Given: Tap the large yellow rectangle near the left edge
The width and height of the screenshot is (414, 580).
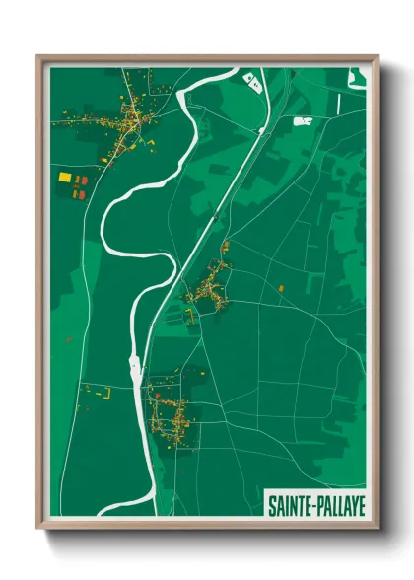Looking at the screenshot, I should click(65, 178).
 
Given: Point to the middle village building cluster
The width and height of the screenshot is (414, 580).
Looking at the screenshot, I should click(210, 289).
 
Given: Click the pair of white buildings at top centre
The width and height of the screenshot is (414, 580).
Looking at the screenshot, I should click(253, 79).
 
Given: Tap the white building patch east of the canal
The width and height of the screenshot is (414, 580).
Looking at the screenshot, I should click(303, 120).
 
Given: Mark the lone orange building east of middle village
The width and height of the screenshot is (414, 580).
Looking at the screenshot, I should click(282, 287).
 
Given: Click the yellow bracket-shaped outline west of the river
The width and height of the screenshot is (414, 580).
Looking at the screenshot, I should click(104, 392).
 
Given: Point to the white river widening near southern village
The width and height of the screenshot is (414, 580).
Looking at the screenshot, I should click(134, 371).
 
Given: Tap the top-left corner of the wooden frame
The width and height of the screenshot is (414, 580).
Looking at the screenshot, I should click(38, 57).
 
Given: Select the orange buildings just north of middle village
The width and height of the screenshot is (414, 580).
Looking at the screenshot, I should click(225, 247).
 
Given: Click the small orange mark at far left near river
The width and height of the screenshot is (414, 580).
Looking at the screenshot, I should click(69, 339).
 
